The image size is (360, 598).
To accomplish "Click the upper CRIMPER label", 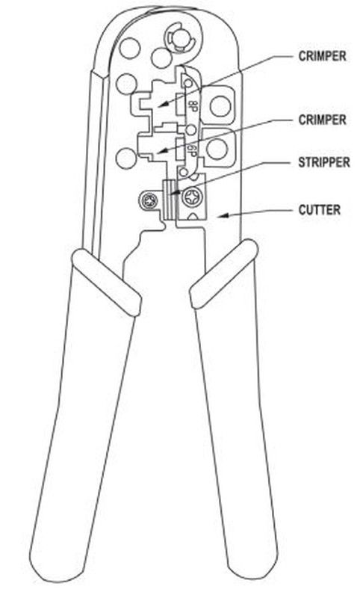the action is pyautogui.click(x=322, y=56).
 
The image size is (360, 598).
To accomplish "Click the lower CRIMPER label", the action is pyautogui.click(x=322, y=120).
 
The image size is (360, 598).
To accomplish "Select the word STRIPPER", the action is pyautogui.click(x=324, y=162).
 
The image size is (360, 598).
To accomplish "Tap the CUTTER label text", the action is pyautogui.click(x=319, y=210).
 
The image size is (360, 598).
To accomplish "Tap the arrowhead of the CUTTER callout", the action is pyautogui.click(x=222, y=216).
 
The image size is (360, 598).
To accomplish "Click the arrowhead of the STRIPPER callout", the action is pyautogui.click(x=173, y=194).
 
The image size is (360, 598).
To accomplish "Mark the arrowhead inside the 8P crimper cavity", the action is pyautogui.click(x=162, y=104).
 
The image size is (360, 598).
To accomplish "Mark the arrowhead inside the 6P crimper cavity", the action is pyautogui.click(x=162, y=152).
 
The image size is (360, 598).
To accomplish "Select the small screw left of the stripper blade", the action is pyautogui.click(x=147, y=200).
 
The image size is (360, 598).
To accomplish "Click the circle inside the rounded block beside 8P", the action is pyautogui.click(x=220, y=106).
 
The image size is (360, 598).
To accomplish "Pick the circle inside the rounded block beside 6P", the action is pyautogui.click(x=217, y=149).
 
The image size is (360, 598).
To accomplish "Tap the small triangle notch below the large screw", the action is pyautogui.click(x=192, y=217).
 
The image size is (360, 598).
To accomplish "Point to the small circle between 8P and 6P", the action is pyautogui.click(x=191, y=130).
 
